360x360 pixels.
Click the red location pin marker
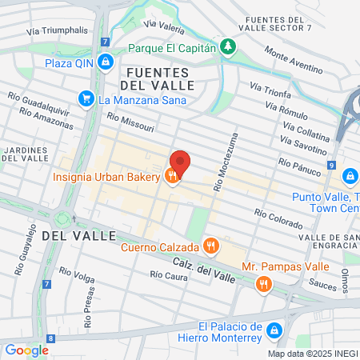pos(180,163)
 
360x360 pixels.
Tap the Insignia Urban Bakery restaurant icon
pos(171,177)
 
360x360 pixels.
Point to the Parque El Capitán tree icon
pos(229,47)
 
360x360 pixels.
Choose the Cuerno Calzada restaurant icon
pos(210,246)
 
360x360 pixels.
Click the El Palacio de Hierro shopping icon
pos(275,330)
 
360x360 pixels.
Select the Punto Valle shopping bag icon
pos(349,176)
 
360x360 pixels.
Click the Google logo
pos(26,350)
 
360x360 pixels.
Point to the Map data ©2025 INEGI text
pos(311,353)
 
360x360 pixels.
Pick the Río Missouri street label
pos(128,120)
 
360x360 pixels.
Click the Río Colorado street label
pos(278,214)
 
